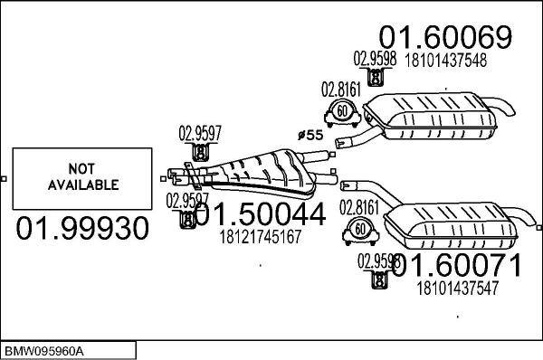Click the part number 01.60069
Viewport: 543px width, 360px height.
[x=445, y=37]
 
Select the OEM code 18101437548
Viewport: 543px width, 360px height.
[x=445, y=61]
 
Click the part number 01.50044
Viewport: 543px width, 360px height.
[x=259, y=214]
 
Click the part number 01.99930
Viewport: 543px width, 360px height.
[x=82, y=229]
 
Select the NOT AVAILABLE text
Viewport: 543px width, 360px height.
[x=82, y=177]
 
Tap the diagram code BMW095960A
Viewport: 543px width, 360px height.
[x=44, y=350]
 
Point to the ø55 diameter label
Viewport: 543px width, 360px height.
[x=310, y=136]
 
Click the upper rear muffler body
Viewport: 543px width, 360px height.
[x=439, y=115]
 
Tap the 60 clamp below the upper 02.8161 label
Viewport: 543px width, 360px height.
[x=342, y=112]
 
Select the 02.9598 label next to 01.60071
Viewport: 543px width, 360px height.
[x=376, y=261]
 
